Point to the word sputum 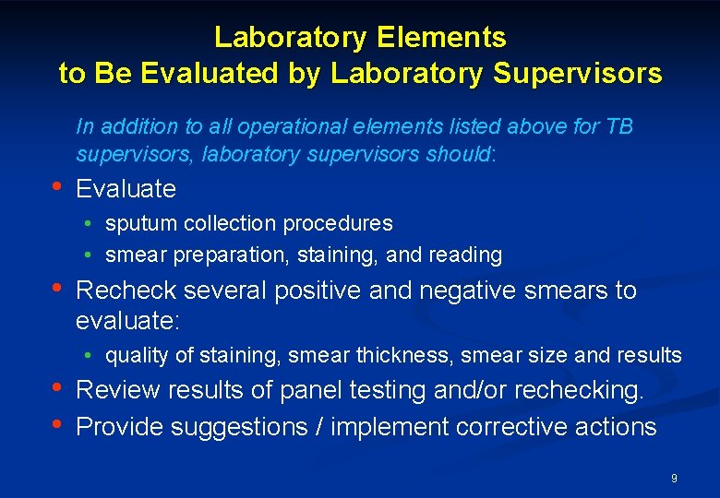coord(138,224)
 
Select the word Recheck coord(126,290)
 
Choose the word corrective coord(524,427)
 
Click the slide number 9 coord(674,479)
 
